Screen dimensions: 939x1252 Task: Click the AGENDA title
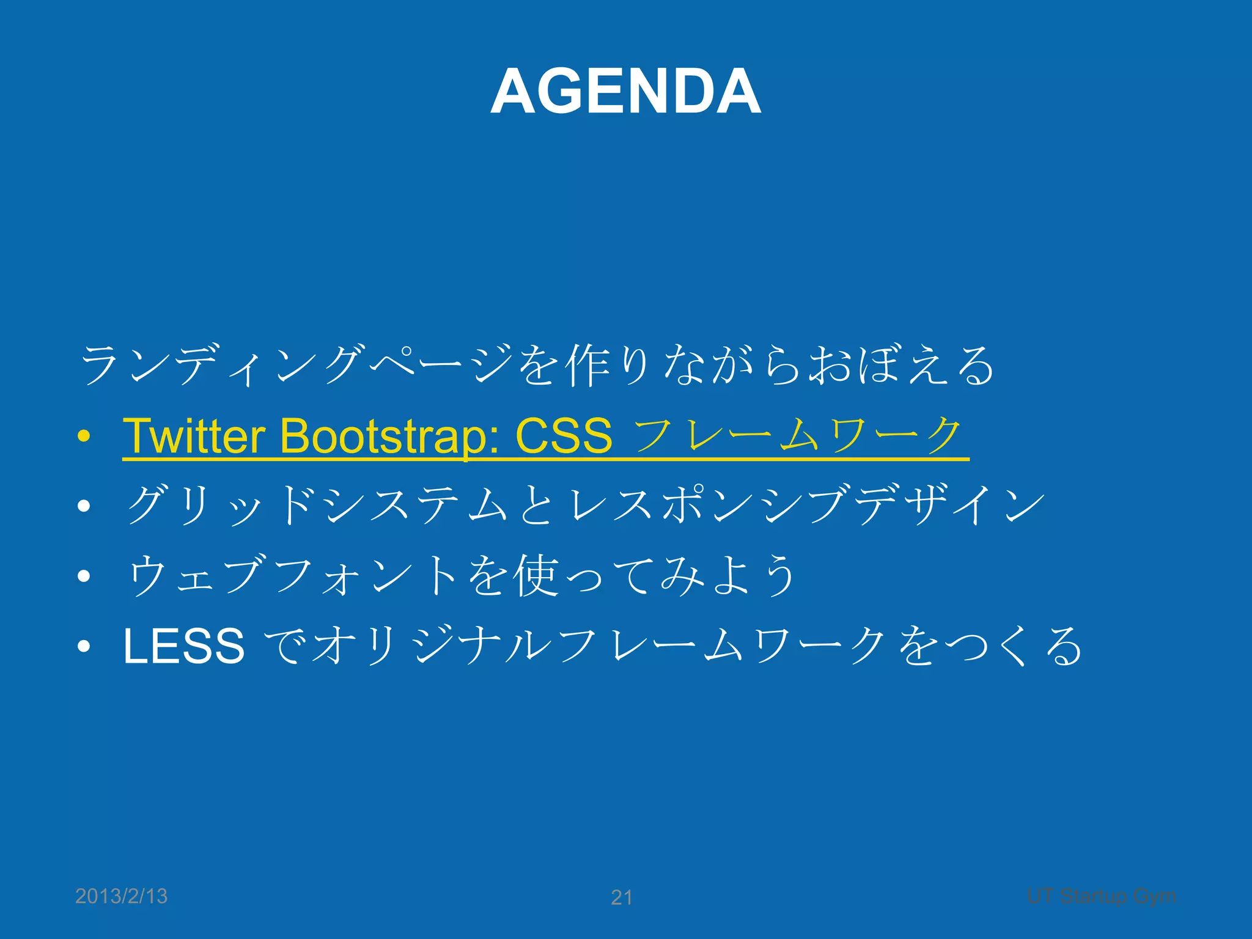pos(625,92)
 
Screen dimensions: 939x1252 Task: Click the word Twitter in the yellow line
pos(194,436)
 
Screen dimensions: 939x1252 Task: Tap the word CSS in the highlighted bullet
pos(564,436)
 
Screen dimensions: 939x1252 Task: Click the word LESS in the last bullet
pos(183,646)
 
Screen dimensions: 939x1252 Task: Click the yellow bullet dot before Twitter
pos(84,436)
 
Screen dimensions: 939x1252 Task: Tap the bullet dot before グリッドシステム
pos(84,506)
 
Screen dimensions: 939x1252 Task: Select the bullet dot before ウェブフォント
pos(84,575)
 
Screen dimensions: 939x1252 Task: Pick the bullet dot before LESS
pos(84,646)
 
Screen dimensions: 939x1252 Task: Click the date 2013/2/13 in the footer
pos(121,896)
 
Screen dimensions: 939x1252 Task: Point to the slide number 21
pos(622,897)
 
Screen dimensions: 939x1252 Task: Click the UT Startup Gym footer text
pos(1101,896)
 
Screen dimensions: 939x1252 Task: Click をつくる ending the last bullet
pos(990,646)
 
